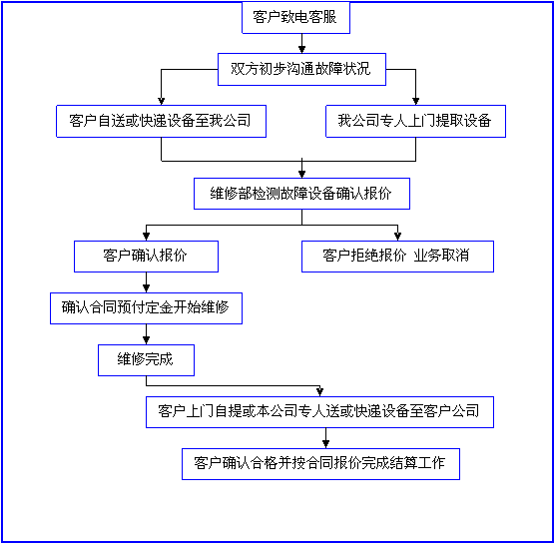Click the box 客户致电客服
coord(295,18)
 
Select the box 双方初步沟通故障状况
coord(301,70)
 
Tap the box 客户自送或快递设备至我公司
coord(161,121)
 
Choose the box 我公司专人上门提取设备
coord(415,121)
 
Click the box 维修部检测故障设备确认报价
coord(301,194)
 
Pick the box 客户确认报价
coord(146,257)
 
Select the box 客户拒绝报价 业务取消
coord(397,257)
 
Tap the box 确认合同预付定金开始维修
coord(146,308)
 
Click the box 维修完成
coord(146,360)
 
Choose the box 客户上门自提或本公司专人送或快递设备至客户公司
coord(320,412)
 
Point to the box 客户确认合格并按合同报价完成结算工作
coord(320,464)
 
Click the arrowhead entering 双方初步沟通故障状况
coord(301,49)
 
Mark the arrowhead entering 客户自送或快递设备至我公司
coord(161,101)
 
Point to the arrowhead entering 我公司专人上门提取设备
coord(416,101)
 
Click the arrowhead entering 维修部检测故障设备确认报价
coord(301,174)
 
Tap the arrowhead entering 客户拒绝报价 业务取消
coord(398,237)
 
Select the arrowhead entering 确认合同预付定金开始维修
coord(146,288)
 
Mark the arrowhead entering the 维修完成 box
coord(146,340)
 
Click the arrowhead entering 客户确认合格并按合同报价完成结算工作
coord(326,444)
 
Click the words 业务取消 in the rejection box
coord(441,256)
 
